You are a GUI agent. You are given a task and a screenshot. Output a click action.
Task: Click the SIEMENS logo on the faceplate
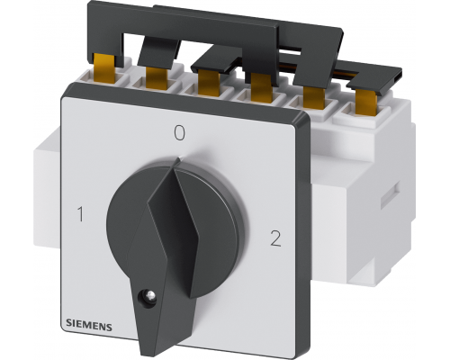(x=89, y=326)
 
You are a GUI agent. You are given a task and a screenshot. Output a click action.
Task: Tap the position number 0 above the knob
(x=180, y=133)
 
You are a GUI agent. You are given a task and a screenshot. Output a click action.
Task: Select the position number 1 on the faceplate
(x=80, y=214)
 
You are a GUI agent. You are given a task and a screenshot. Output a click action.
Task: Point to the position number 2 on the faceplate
(x=275, y=238)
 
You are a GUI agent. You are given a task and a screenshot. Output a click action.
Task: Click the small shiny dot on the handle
(x=149, y=296)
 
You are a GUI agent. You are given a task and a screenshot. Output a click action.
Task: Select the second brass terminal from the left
(x=157, y=78)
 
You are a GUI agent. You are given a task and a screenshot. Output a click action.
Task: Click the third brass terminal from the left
(x=208, y=83)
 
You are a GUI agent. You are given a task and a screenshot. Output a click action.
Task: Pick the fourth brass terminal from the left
(x=262, y=87)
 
